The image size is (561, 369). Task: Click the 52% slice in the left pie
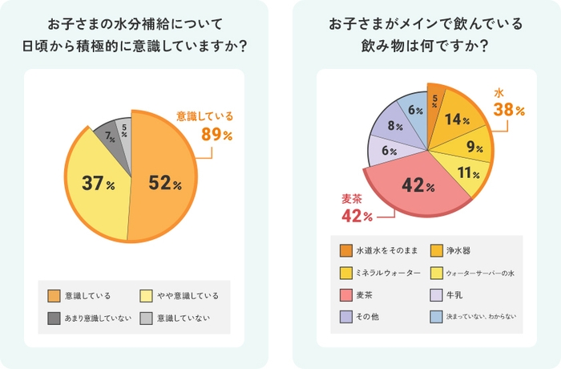tap(164, 183)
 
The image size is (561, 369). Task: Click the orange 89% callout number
tap(216, 135)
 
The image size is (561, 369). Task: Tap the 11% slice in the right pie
tap(466, 172)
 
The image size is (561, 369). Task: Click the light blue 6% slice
tap(415, 110)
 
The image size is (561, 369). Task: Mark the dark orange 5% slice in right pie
tap(435, 101)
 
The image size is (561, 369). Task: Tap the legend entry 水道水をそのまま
tap(381, 249)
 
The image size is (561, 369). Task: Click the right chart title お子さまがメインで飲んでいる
tap(426, 25)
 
